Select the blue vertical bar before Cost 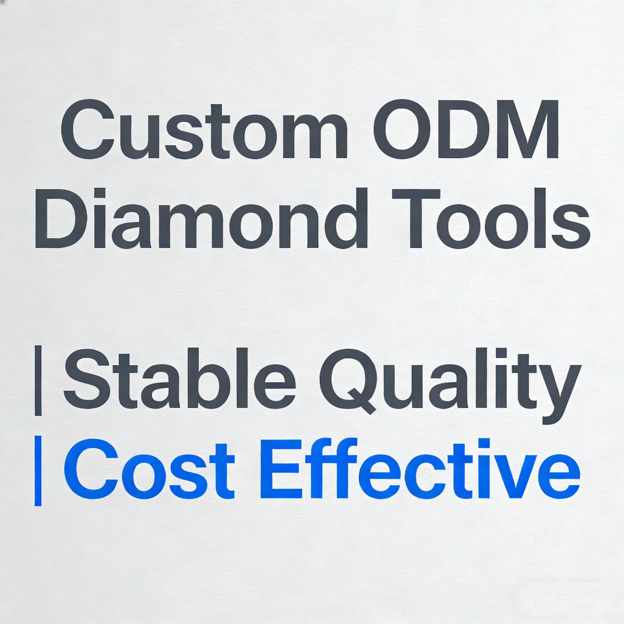[x=37, y=471]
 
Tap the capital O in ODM [x=406, y=130]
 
